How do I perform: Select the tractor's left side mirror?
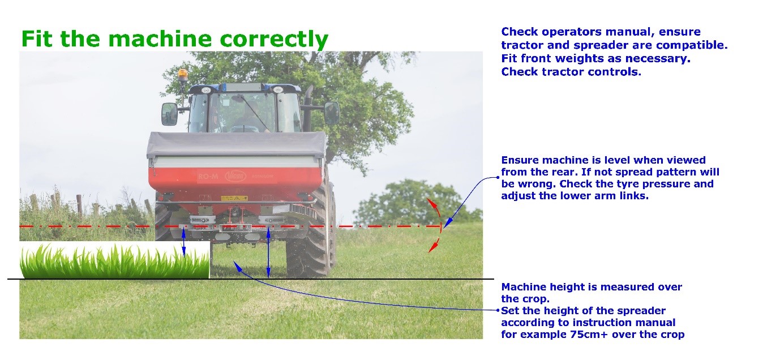(169, 114)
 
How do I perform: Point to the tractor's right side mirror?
(331, 113)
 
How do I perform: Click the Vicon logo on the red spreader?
(235, 175)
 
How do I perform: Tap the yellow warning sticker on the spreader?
(234, 198)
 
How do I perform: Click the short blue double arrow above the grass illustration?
(183, 243)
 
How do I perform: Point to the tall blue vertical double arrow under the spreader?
(268, 252)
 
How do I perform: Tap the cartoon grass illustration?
(115, 260)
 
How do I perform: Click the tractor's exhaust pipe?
(308, 108)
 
